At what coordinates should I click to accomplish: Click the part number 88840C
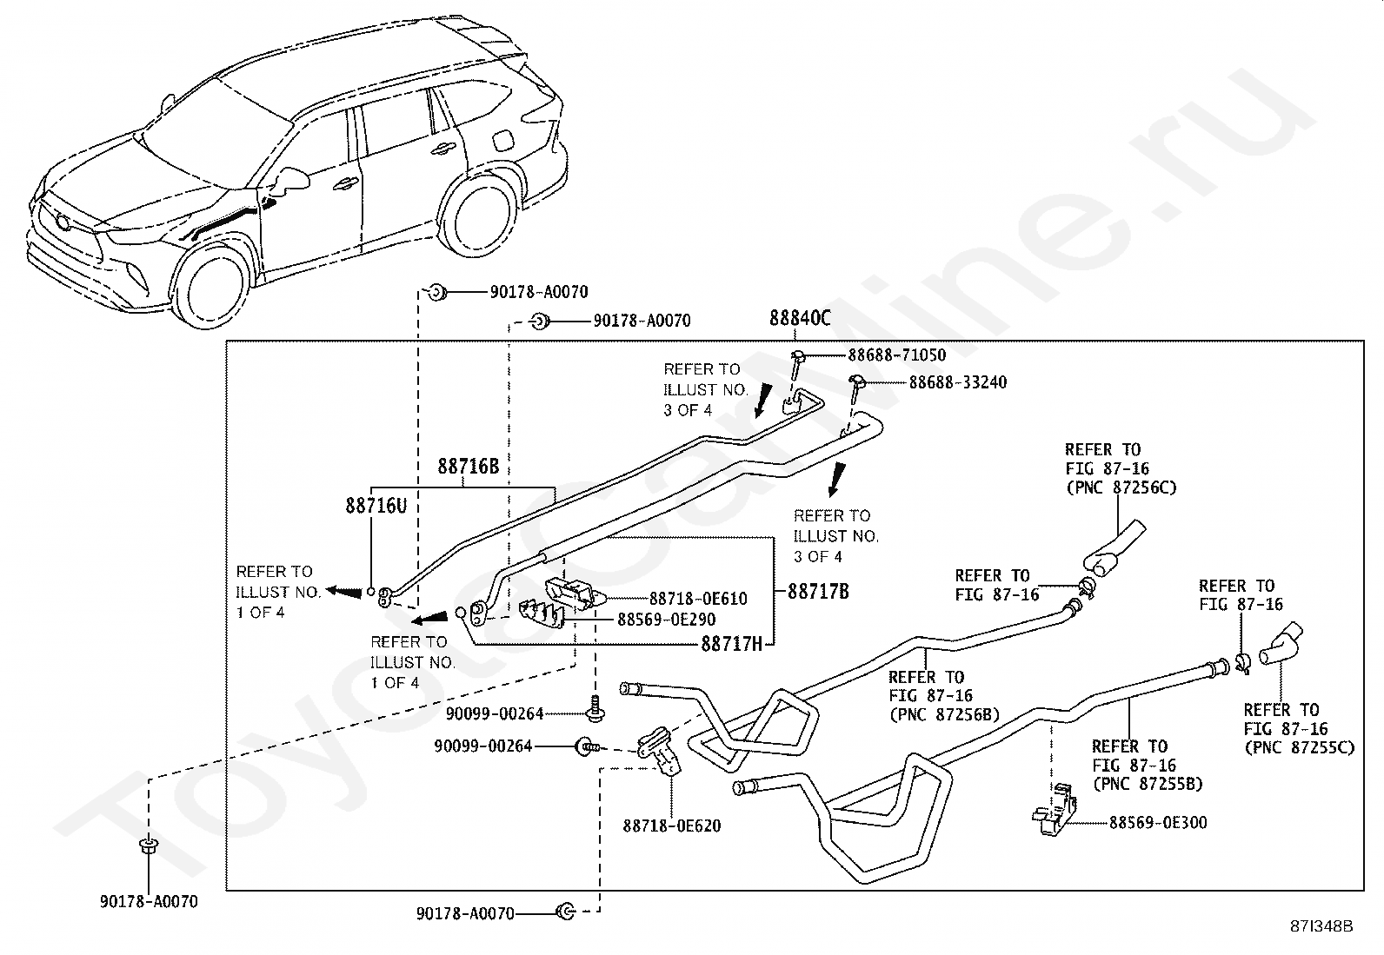tap(800, 318)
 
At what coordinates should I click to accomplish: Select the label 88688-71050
tap(896, 355)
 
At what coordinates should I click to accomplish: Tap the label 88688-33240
tap(958, 382)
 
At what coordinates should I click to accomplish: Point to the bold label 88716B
tap(469, 467)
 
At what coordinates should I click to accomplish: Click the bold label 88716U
tap(376, 506)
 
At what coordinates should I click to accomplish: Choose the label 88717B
tap(819, 592)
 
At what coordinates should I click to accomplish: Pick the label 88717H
tap(732, 644)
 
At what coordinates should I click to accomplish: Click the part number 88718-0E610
tap(698, 599)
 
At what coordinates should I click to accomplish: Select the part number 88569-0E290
tap(667, 620)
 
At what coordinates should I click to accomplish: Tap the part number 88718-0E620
tap(672, 826)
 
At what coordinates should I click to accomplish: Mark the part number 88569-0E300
tap(1159, 823)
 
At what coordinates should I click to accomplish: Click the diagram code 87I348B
tap(1321, 926)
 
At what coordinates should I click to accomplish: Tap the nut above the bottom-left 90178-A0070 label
tap(149, 846)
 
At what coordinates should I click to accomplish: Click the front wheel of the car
tap(212, 287)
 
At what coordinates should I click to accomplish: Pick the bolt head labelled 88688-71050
tap(798, 355)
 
